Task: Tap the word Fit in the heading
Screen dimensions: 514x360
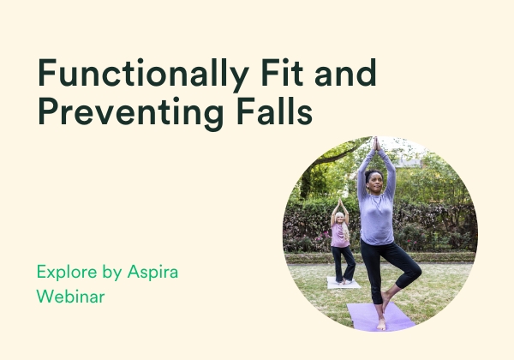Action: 282,72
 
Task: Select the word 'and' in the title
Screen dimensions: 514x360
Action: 345,72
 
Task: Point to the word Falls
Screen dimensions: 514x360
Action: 274,111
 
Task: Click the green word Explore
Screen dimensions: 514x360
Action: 67,273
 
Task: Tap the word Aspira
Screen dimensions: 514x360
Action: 152,273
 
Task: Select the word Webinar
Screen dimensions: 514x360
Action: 70,296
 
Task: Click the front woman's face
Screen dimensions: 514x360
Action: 375,182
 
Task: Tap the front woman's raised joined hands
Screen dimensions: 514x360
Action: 376,144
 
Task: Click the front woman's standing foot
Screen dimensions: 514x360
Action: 381,324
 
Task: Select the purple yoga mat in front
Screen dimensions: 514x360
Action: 380,317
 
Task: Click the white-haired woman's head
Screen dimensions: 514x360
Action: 339,218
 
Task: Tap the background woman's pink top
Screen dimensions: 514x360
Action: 339,236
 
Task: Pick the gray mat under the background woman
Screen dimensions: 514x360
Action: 344,283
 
